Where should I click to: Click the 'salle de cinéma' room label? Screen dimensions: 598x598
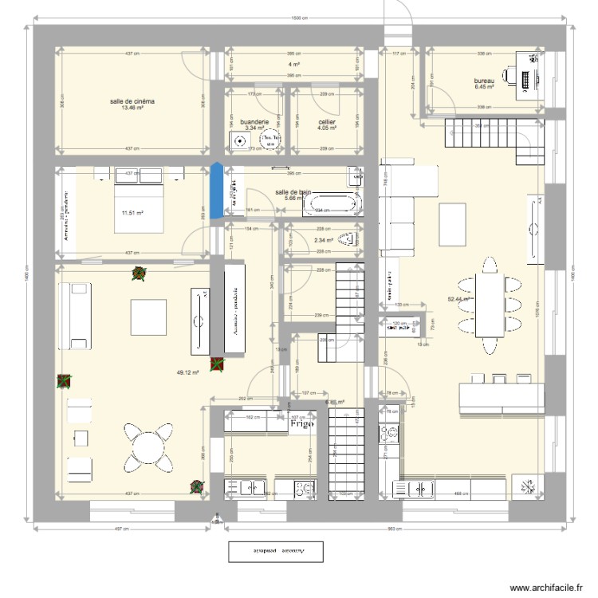pyautogui.click(x=132, y=101)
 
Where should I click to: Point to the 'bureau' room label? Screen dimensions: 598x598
pyautogui.click(x=484, y=81)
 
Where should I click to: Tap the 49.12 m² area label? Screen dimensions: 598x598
pyautogui.click(x=187, y=372)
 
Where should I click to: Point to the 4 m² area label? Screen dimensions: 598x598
pyautogui.click(x=294, y=65)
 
